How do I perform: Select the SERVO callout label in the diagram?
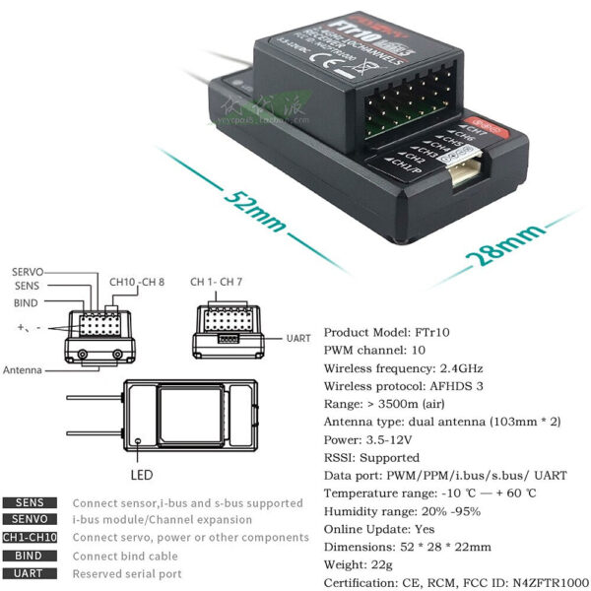pyautogui.click(x=27, y=272)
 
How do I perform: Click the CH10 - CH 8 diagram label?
pyautogui.click(x=137, y=283)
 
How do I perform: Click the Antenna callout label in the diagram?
pyautogui.click(x=22, y=370)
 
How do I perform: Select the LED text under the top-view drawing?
pyautogui.click(x=142, y=474)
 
